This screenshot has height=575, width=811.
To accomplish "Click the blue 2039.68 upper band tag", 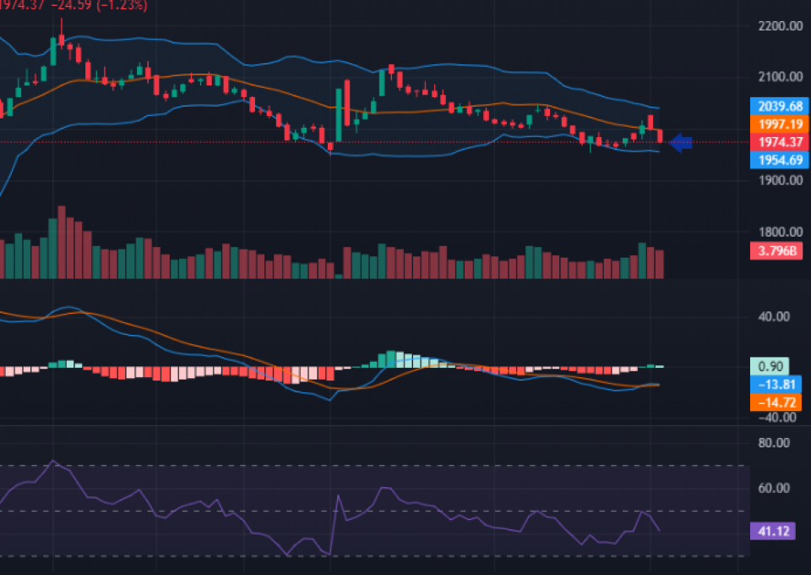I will (774, 107).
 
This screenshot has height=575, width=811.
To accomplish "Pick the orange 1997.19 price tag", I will (774, 124).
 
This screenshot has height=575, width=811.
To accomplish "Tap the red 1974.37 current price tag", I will (774, 142).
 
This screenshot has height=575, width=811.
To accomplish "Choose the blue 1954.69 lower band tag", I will (774, 160).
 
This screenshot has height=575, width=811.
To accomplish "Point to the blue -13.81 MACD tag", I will (774, 385).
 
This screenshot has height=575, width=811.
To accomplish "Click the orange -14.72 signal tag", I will (774, 402).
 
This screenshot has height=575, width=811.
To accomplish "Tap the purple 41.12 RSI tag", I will (772, 531).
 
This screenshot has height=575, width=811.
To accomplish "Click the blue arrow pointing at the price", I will (681, 143).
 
